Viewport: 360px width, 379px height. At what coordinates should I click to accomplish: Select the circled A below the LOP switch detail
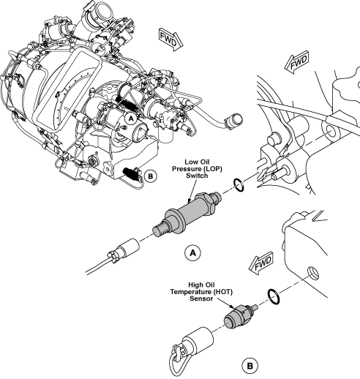(x=192, y=252)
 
